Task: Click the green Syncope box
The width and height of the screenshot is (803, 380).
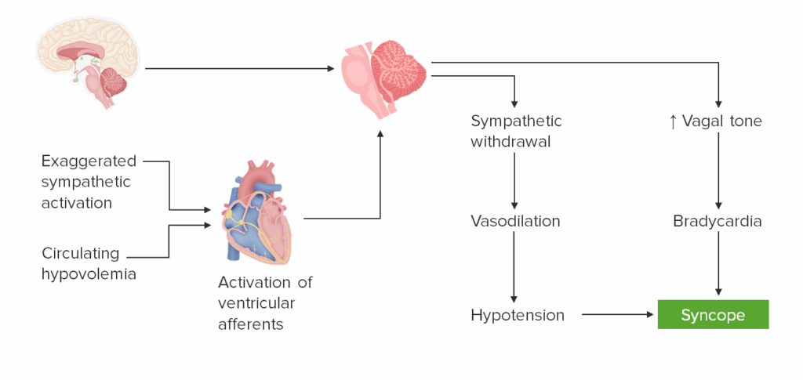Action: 713,315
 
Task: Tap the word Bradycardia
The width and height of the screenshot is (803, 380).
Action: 717,221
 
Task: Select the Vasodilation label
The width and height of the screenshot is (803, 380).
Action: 515,221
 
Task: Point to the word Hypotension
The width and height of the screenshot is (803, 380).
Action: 518,315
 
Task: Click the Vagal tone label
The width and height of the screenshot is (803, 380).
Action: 721,121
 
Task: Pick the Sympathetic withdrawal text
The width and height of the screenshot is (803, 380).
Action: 516,132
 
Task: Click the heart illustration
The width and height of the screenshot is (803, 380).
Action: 256,212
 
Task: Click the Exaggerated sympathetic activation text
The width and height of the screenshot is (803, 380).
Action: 88,182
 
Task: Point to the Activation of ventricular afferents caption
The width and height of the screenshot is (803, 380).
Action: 265,302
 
